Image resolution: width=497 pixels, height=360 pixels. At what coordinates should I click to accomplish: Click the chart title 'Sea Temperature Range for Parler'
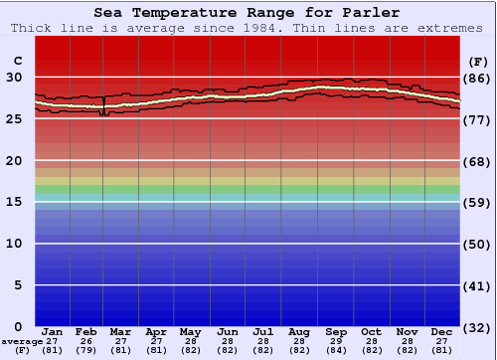tap(248, 13)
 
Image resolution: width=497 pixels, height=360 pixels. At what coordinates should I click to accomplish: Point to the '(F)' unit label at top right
tap(476, 60)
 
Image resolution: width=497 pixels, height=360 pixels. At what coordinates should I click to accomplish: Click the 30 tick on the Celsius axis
tap(15, 77)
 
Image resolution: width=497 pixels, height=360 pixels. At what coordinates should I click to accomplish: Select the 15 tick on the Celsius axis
tap(15, 202)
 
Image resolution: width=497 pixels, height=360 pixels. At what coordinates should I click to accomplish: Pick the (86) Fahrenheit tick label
tap(476, 78)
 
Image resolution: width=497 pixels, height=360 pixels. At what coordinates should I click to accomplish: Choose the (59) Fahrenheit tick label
tap(476, 203)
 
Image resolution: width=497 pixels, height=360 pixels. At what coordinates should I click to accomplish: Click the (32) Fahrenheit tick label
tap(476, 327)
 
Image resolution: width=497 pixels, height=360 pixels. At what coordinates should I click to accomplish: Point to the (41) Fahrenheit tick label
tap(476, 285)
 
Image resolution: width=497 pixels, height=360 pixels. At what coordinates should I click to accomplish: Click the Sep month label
tap(336, 331)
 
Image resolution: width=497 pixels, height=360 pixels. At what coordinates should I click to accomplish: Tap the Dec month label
tap(442, 331)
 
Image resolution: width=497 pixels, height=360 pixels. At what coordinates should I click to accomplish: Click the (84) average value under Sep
tap(336, 350)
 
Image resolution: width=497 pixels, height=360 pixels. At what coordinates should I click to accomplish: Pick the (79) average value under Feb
tap(86, 350)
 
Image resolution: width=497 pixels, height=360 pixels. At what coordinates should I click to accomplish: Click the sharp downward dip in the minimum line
tap(105, 114)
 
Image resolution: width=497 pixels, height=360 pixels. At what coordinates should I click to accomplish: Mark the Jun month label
tap(229, 331)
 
